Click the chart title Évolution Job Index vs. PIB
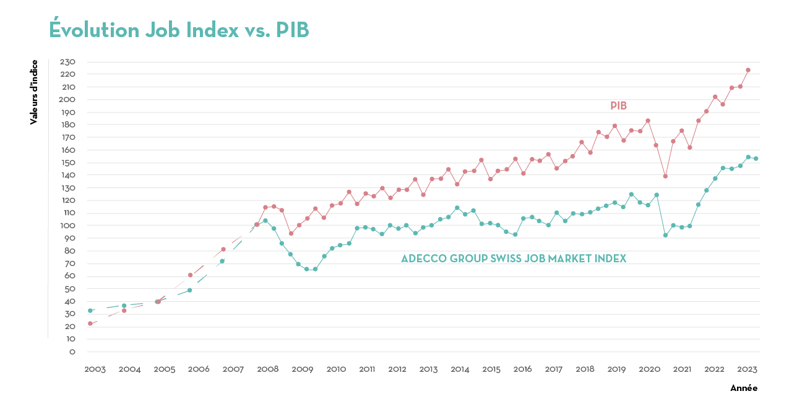coord(179,30)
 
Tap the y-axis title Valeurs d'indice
coord(34,92)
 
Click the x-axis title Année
coord(743,388)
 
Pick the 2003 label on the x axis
coord(95,369)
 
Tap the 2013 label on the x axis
coord(428,369)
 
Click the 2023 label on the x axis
coord(747,369)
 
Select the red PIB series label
coord(618,106)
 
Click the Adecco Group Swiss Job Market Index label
coord(514,259)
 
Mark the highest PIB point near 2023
coord(747,70)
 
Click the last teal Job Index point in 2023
coord(756,158)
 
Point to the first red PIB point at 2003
coord(90,324)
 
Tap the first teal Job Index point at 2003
coord(90,311)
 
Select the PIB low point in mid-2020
coord(665,176)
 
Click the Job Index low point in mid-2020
coord(665,235)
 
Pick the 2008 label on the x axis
coord(267,369)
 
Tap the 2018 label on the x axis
coord(585,369)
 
